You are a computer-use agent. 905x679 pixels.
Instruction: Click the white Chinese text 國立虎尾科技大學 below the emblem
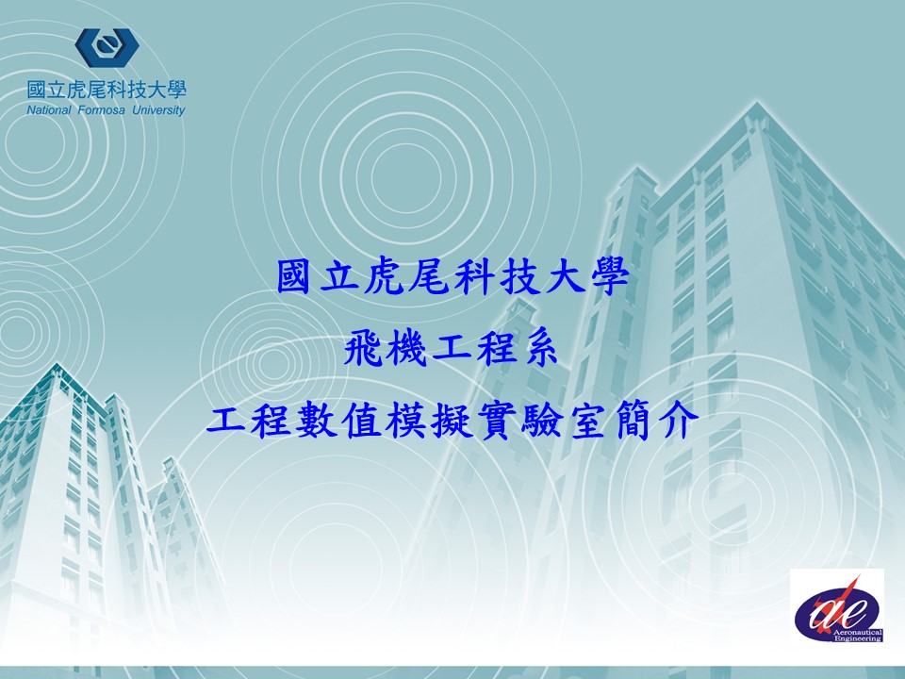pos(107,91)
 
